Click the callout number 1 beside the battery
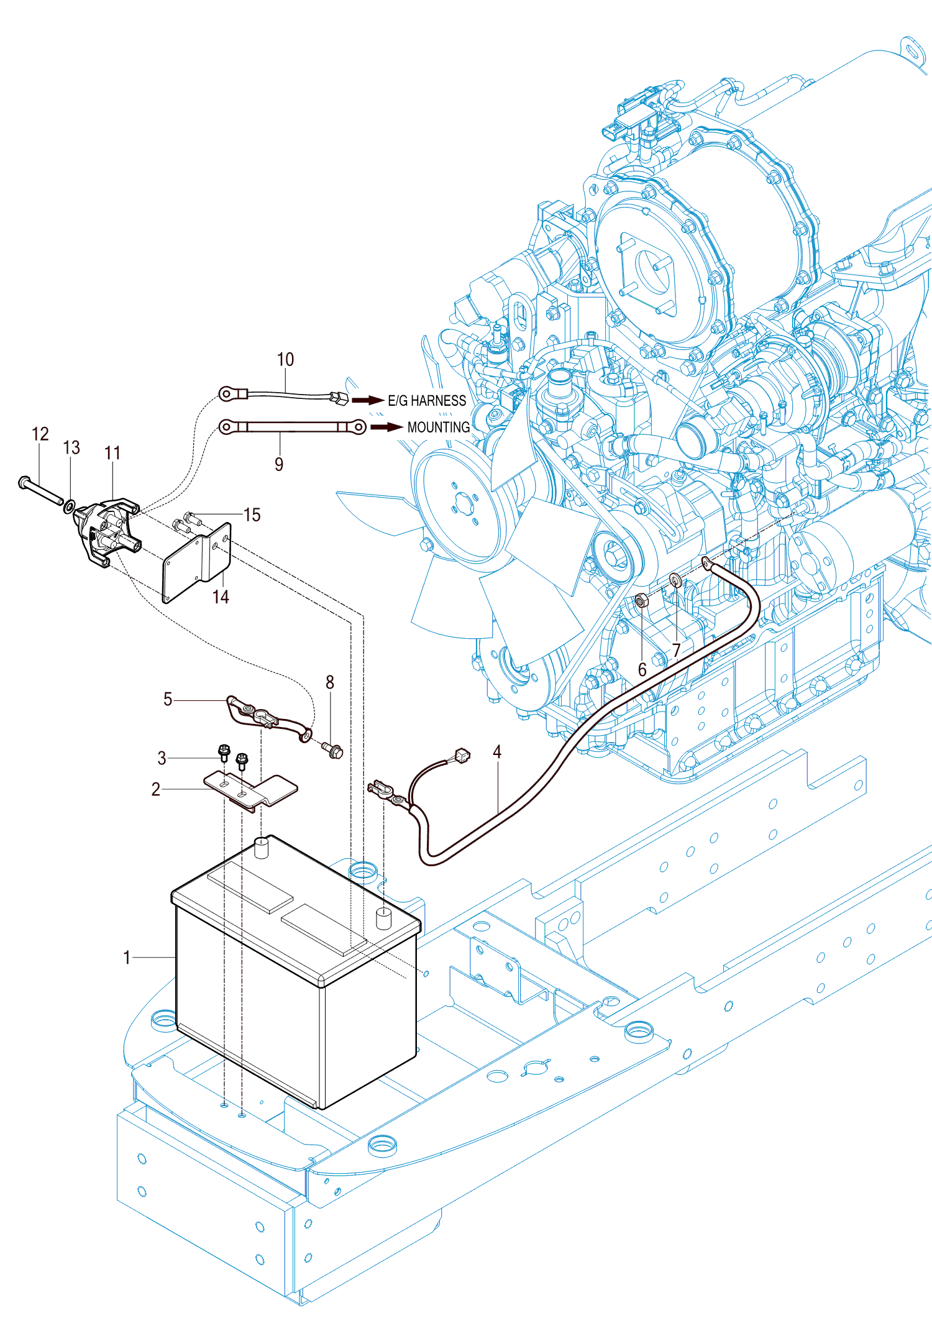pyautogui.click(x=127, y=958)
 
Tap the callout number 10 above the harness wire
pyautogui.click(x=285, y=359)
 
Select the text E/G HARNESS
pyautogui.click(x=427, y=401)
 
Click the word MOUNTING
pyautogui.click(x=439, y=428)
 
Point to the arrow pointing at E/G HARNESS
pyautogui.click(x=368, y=400)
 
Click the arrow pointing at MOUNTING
pyautogui.click(x=386, y=427)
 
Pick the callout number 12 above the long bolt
pyautogui.click(x=40, y=434)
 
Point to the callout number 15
pyautogui.click(x=252, y=515)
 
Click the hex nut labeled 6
pyautogui.click(x=642, y=601)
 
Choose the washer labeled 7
pyautogui.click(x=676, y=581)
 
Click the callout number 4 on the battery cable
pyautogui.click(x=497, y=752)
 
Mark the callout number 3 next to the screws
pyautogui.click(x=162, y=758)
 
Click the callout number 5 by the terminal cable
pyautogui.click(x=168, y=699)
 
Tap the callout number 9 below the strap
pyautogui.click(x=279, y=464)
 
